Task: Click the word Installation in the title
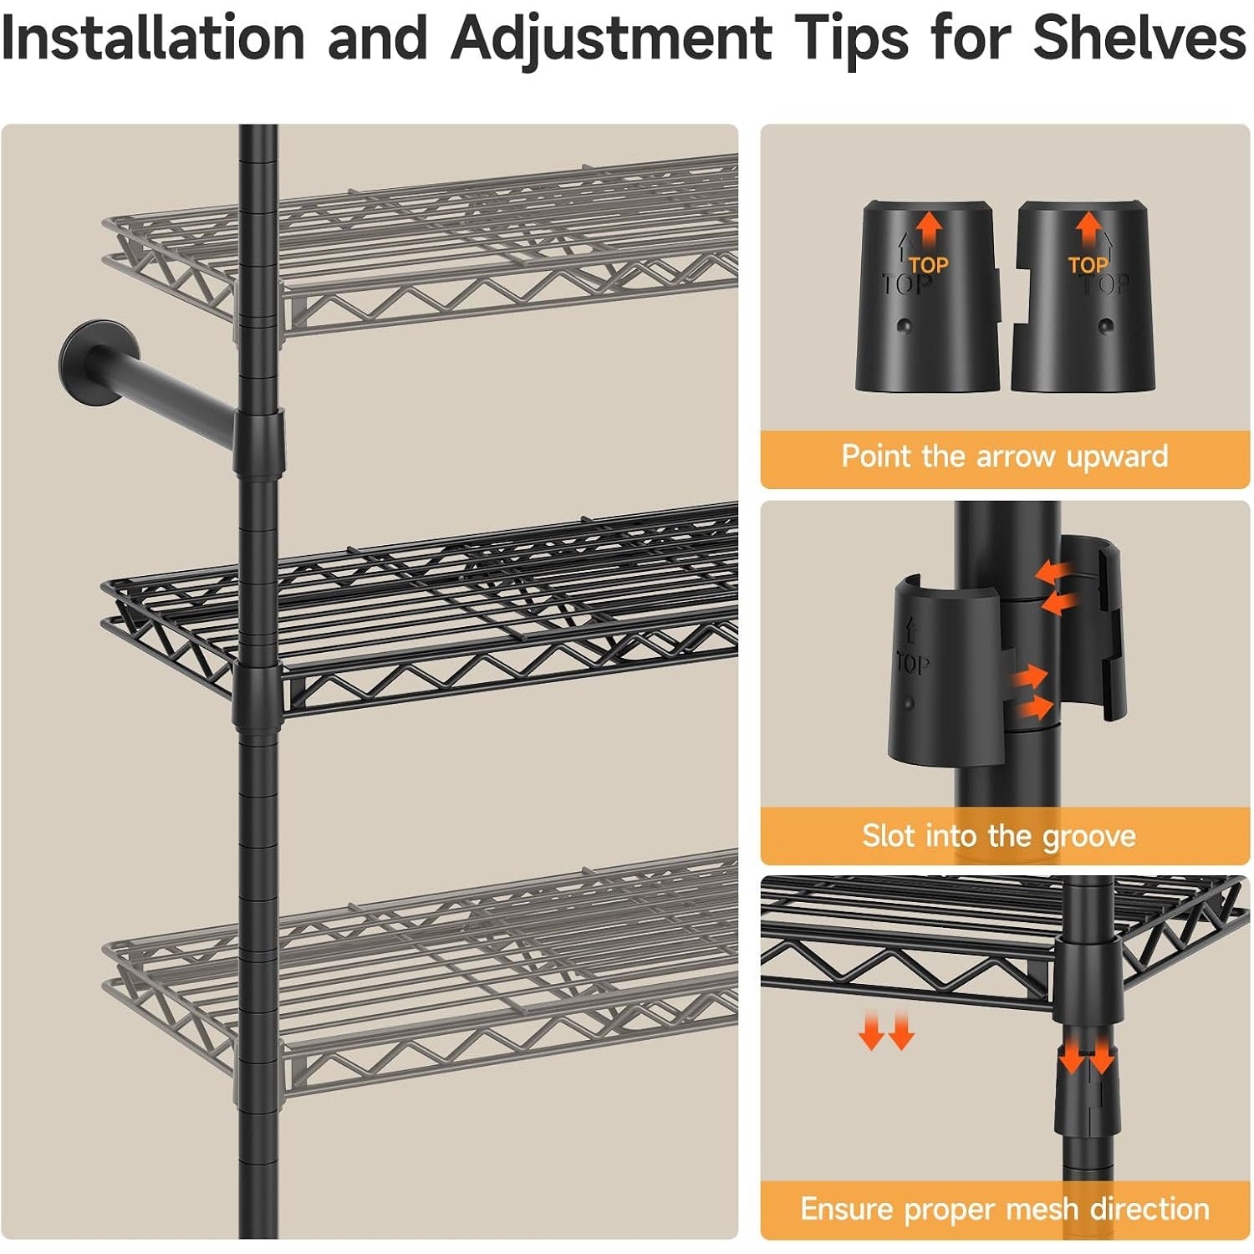(154, 38)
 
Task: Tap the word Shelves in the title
(1139, 38)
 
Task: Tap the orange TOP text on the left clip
(929, 266)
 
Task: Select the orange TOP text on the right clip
(1088, 266)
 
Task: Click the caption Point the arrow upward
(1004, 456)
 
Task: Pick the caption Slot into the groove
(999, 836)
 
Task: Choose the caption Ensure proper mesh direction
(1005, 1209)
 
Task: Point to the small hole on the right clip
(1106, 326)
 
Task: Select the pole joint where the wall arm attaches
(259, 440)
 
